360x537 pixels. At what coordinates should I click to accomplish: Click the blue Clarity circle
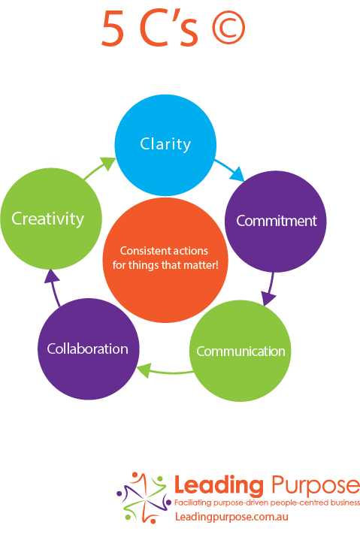coord(165,145)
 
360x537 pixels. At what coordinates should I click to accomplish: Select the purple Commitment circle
coord(276,222)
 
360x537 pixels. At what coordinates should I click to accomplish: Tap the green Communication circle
coord(240,351)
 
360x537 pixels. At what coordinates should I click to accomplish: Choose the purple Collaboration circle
coord(89,349)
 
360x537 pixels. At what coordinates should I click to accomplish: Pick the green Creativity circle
coord(51,219)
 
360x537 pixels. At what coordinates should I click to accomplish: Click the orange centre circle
coord(165,261)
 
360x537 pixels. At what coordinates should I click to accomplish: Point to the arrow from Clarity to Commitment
coord(229,169)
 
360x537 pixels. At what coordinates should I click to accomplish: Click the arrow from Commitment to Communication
coord(270,288)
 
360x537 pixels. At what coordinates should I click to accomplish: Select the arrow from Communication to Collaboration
coord(165,371)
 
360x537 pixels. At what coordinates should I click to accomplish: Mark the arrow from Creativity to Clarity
coord(99,167)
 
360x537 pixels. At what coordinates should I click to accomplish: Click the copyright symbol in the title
coord(228,28)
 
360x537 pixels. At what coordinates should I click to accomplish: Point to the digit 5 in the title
coord(113,29)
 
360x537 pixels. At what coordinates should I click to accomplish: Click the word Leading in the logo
coord(219,486)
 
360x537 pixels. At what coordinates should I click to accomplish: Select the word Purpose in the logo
coord(315,485)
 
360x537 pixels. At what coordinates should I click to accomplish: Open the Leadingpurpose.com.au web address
coord(231,517)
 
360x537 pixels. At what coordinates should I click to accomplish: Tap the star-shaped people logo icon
coord(144,498)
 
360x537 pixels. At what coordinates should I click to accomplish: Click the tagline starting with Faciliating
coord(267,502)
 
